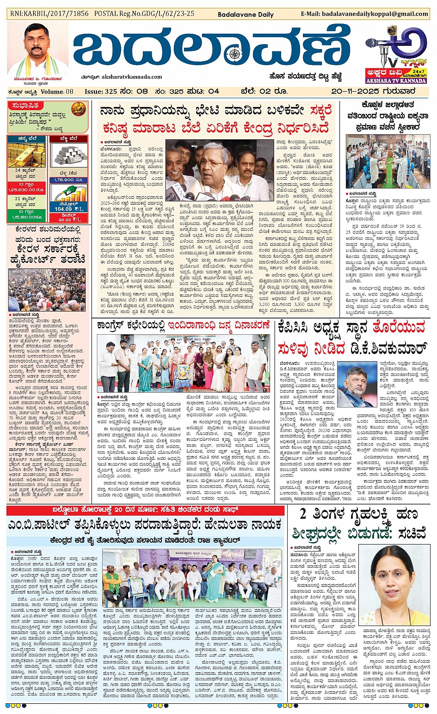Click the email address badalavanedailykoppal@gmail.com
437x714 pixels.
click(x=365, y=14)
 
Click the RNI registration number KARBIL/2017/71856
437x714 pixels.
click(x=49, y=13)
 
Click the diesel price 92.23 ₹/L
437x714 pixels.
click(x=68, y=219)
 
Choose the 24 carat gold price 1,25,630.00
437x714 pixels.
click(x=26, y=190)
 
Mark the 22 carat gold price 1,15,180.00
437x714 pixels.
click(x=26, y=217)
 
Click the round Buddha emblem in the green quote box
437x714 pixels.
click(x=79, y=110)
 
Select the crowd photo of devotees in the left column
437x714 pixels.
click(x=47, y=290)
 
